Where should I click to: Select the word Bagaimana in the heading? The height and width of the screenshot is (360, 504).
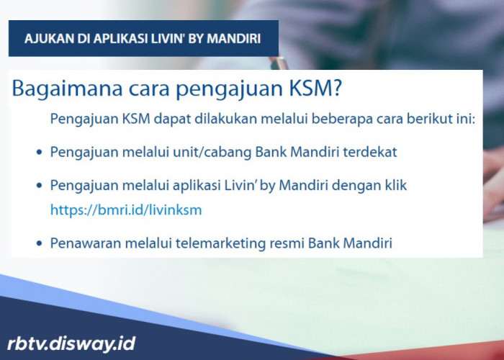pyautogui.click(x=60, y=90)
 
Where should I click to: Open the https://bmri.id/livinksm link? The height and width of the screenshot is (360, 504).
pyautogui.click(x=125, y=210)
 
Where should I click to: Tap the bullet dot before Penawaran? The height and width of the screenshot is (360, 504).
pyautogui.click(x=38, y=245)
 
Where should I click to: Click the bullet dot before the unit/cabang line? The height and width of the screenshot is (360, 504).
pyautogui.click(x=38, y=153)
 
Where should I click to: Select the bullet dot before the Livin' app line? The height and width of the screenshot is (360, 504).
pyautogui.click(x=38, y=186)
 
